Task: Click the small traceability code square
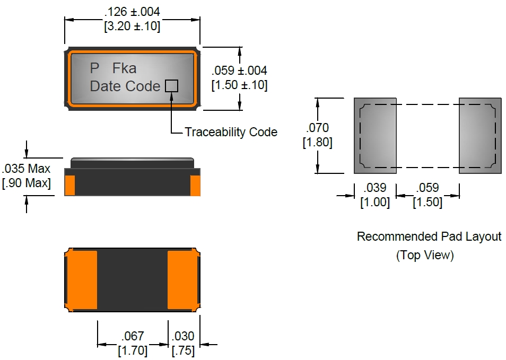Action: (171, 85)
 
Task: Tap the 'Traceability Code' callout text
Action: (231, 132)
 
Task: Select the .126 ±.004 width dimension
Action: (133, 12)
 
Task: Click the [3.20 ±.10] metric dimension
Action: (133, 25)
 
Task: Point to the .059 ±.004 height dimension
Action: (239, 71)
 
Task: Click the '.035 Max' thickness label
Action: (27, 169)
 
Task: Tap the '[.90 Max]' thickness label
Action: (27, 183)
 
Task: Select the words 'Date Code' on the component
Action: (125, 86)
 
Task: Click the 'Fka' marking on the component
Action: (124, 68)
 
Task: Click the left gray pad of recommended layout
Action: (375, 136)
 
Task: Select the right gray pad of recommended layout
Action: (480, 136)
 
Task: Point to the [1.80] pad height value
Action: (317, 143)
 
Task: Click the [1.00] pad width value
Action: (375, 202)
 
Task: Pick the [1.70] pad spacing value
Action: (133, 350)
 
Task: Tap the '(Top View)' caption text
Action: (425, 255)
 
